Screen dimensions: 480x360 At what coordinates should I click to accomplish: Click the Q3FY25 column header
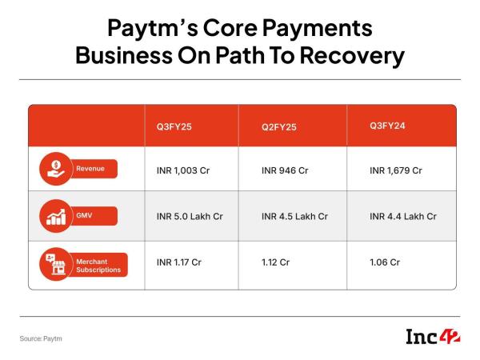coord(174,126)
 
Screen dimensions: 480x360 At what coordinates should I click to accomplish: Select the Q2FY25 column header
coord(279,127)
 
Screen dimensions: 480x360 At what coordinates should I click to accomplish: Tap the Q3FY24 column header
coord(387,126)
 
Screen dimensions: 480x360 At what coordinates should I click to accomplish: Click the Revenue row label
coord(90,169)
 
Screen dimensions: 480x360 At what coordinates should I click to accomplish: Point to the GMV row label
coord(84,215)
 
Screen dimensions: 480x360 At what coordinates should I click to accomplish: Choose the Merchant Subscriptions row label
coord(98,266)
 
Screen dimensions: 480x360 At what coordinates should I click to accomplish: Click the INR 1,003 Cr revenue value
coord(183,170)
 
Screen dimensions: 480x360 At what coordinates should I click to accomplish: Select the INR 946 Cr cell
coord(285,170)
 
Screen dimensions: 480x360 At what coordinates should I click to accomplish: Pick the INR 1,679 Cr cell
coord(396,170)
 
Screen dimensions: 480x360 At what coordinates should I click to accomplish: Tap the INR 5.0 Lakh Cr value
coord(190,217)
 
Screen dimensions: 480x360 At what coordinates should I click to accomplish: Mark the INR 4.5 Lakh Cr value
coord(294,217)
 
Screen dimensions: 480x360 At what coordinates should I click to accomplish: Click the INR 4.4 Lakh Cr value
coord(403,217)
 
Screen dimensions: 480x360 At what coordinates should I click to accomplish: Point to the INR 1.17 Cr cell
coord(178,262)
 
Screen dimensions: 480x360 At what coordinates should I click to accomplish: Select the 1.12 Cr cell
coord(275,262)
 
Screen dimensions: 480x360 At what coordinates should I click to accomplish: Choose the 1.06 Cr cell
coord(385,262)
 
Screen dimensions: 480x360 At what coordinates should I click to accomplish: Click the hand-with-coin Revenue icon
coord(56,169)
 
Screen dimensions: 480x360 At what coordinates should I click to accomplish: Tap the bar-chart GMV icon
coord(56,216)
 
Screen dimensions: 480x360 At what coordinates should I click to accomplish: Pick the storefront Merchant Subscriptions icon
coord(56,264)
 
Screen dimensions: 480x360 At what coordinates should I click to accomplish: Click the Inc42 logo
coord(433,337)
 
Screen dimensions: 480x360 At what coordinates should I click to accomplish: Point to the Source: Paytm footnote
coord(41,338)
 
